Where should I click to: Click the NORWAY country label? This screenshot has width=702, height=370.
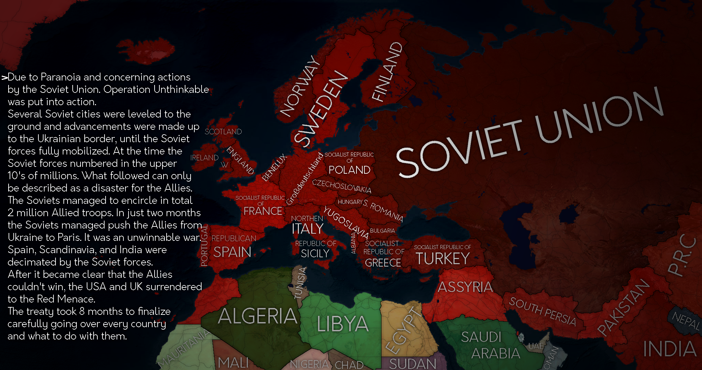pyautogui.click(x=299, y=87)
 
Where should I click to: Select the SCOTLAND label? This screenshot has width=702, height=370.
pyautogui.click(x=223, y=132)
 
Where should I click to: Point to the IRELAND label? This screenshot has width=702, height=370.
pyautogui.click(x=204, y=158)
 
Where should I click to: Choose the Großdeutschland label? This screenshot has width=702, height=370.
pyautogui.click(x=305, y=179)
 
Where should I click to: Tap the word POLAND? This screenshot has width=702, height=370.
pyautogui.click(x=349, y=170)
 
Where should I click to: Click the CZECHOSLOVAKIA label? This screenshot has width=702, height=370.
pyautogui.click(x=341, y=186)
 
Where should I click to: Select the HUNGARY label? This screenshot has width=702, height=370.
pyautogui.click(x=350, y=202)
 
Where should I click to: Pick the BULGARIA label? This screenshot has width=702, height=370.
pyautogui.click(x=382, y=231)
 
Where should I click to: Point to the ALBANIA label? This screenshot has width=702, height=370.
pyautogui.click(x=353, y=243)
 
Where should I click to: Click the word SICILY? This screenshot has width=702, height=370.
pyautogui.click(x=315, y=254)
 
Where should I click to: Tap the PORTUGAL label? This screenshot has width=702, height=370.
pyautogui.click(x=204, y=246)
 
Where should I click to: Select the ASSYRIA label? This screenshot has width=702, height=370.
pyautogui.click(x=465, y=287)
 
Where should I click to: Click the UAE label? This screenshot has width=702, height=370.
pyautogui.click(x=536, y=346)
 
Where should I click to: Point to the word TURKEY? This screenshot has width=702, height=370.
pyautogui.click(x=443, y=259)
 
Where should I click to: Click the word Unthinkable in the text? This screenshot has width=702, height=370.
pyautogui.click(x=181, y=89)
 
